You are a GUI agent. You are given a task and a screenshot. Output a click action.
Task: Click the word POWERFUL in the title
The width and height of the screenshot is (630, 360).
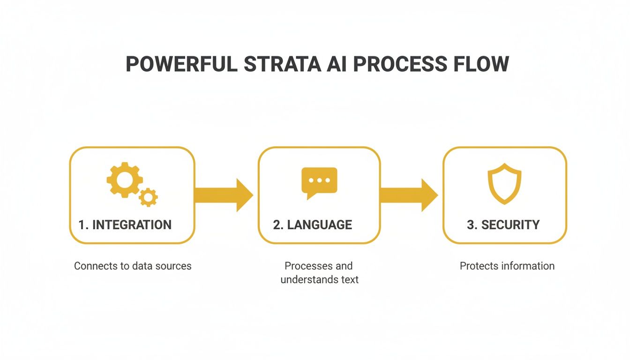pos(181,64)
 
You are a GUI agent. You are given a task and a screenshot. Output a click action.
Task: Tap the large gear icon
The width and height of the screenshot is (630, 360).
pos(124,180)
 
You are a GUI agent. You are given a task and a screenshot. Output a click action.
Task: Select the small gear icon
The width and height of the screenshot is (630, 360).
pos(148,197)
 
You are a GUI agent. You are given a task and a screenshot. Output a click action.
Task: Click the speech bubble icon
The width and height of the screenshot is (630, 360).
pos(319,182)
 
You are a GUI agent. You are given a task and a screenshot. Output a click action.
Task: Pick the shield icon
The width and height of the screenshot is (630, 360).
pos(504,183)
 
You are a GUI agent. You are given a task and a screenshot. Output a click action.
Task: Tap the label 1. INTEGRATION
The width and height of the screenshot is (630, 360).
pos(125,225)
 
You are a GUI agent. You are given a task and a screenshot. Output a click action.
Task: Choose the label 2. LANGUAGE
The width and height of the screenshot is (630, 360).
pos(312,225)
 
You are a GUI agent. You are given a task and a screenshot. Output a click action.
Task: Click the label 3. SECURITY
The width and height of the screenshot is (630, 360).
pos(503,225)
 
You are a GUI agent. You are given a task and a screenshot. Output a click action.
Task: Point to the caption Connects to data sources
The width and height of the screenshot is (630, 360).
pos(133,266)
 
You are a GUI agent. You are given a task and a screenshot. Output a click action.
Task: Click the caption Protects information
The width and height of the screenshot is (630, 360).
pos(507,266)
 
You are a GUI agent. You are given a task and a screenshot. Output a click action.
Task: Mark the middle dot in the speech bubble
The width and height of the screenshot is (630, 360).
pos(319,180)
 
